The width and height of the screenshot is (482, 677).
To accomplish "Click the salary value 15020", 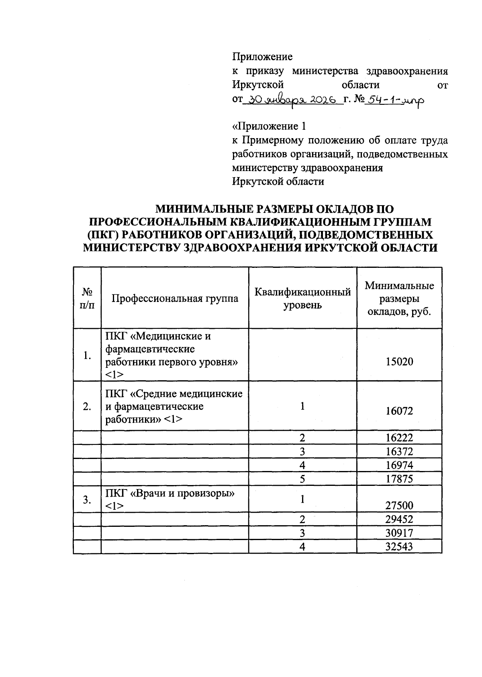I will click(x=399, y=361).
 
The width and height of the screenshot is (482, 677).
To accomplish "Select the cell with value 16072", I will click(x=399, y=411).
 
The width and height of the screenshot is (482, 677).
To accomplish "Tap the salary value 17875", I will click(x=399, y=479).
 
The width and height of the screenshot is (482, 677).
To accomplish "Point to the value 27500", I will click(x=399, y=505).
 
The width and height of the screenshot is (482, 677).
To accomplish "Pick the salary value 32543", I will click(x=399, y=546).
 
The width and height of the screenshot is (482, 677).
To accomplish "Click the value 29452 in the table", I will click(x=399, y=519).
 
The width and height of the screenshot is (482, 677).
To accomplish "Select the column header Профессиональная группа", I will click(x=175, y=298).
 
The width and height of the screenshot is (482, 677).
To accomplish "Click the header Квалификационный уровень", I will click(x=302, y=298).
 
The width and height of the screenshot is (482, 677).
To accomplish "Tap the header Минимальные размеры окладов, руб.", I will click(x=399, y=298).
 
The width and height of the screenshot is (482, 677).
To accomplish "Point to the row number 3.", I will click(x=87, y=500).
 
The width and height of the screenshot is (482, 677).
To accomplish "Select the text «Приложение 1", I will click(x=269, y=126).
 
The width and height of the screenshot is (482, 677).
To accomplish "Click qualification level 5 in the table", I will click(x=302, y=479).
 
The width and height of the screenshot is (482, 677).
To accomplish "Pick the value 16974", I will click(x=399, y=465).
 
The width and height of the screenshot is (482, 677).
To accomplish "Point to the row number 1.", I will click(x=87, y=355).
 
